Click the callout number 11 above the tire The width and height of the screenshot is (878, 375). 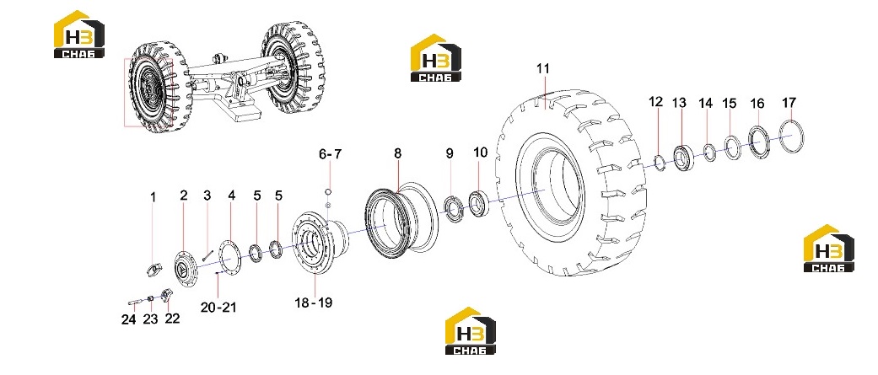[543, 69]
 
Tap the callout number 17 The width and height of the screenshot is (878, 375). [789, 103]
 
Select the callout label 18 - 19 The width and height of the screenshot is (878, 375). [314, 303]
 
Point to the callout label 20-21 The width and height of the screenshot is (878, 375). [219, 307]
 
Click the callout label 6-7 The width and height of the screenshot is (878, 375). [330, 154]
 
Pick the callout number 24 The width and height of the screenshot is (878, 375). [129, 319]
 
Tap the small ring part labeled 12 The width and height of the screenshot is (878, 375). [658, 163]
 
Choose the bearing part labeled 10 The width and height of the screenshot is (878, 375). [479, 202]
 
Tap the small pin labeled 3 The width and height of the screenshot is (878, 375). [207, 254]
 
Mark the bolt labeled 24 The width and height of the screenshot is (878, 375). [134, 303]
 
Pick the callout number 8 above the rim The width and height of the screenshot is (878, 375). [397, 153]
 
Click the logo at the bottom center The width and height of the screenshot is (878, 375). [471, 331]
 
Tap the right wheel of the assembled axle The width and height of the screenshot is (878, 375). [293, 67]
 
